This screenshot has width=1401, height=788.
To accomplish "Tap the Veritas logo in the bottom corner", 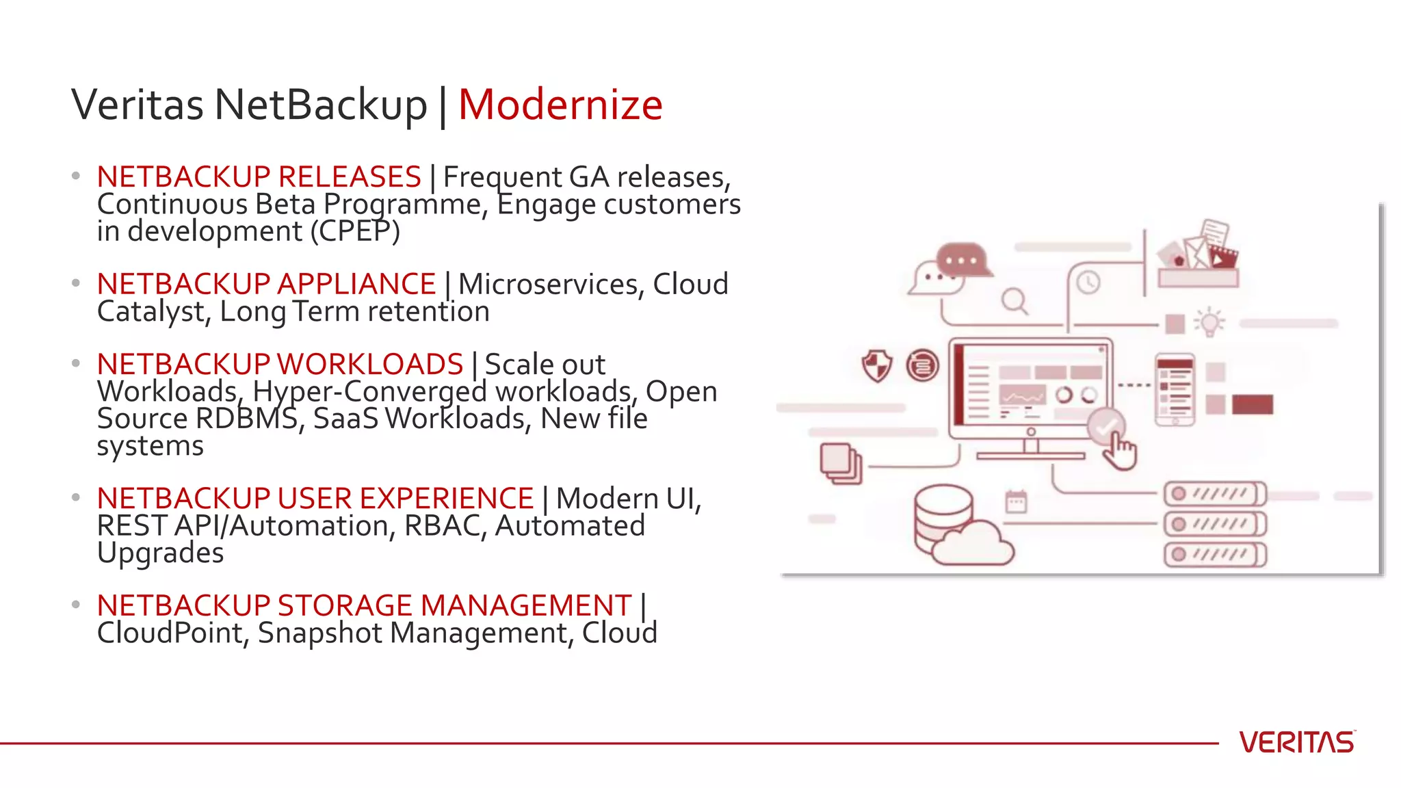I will pos(1296,742).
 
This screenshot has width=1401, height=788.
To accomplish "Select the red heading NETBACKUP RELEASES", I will pos(259,176).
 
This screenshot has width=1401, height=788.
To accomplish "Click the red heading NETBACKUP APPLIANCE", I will pos(266,284).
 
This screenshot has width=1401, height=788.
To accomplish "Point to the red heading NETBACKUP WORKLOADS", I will pos(280,364).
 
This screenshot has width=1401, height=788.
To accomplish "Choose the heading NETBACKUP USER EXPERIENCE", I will pos(315,498).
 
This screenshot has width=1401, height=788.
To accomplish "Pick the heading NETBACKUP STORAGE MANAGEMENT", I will pos(364,605).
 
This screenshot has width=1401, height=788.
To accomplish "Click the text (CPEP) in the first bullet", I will pos(355,231).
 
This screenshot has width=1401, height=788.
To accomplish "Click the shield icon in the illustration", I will pos(876,365).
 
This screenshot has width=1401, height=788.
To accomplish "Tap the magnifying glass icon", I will pos(1014,301).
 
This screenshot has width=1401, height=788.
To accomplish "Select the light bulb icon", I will pos(1209,321).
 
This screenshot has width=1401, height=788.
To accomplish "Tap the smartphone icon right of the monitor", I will pos(1175,389).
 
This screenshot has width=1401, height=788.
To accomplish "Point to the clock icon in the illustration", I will pos(1088,282).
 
